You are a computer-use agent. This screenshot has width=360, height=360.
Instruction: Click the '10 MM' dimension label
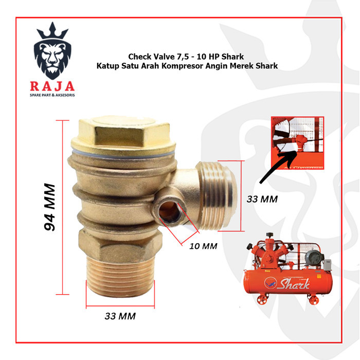click(204, 246)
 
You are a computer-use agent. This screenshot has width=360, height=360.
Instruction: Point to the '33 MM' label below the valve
click(120, 316)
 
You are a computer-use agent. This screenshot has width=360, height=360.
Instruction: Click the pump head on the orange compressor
click(271, 252)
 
